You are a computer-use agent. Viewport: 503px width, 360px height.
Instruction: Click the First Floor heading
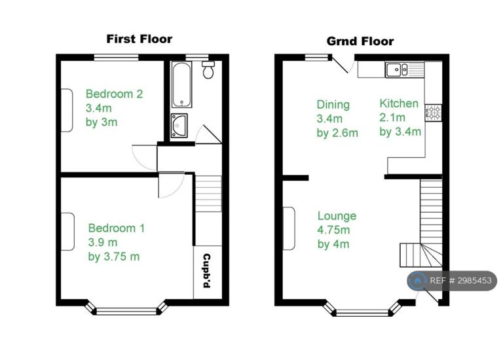pyautogui.click(x=140, y=39)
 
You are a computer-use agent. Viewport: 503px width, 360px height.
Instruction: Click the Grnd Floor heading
pyautogui.click(x=360, y=41)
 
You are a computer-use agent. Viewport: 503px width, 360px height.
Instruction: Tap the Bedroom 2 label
pyautogui.click(x=114, y=94)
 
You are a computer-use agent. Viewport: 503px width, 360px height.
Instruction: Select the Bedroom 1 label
pyautogui.click(x=117, y=228)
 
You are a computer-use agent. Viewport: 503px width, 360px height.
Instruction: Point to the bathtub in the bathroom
pyautogui.click(x=181, y=84)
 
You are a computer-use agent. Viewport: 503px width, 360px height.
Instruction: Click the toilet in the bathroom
pyautogui.click(x=208, y=69)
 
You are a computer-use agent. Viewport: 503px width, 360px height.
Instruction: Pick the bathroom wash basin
pyautogui.click(x=179, y=126)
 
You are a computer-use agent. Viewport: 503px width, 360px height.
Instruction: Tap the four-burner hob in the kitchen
pyautogui.click(x=434, y=113)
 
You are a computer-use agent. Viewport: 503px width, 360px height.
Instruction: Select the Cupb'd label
pyautogui.click(x=207, y=271)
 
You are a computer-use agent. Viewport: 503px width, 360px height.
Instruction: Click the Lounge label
pyautogui.click(x=337, y=216)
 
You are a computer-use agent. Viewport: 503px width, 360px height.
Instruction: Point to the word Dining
pyautogui.click(x=333, y=105)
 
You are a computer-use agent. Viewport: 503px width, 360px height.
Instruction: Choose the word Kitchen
pyautogui.click(x=399, y=103)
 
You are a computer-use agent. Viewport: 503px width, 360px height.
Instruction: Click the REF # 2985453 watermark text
pyautogui.click(x=460, y=281)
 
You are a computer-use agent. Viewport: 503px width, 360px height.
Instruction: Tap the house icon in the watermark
pyautogui.click(x=417, y=281)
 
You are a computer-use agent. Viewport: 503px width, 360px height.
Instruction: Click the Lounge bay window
pyautogui.click(x=362, y=310)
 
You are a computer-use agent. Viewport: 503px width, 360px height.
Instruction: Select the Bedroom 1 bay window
pyautogui.click(x=126, y=309)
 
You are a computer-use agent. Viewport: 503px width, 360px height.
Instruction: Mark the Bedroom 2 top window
pyautogui.click(x=116, y=58)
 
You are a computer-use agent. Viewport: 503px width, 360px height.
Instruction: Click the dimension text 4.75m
pyautogui.click(x=333, y=230)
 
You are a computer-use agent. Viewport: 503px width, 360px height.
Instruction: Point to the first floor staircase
pyautogui.click(x=208, y=193)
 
